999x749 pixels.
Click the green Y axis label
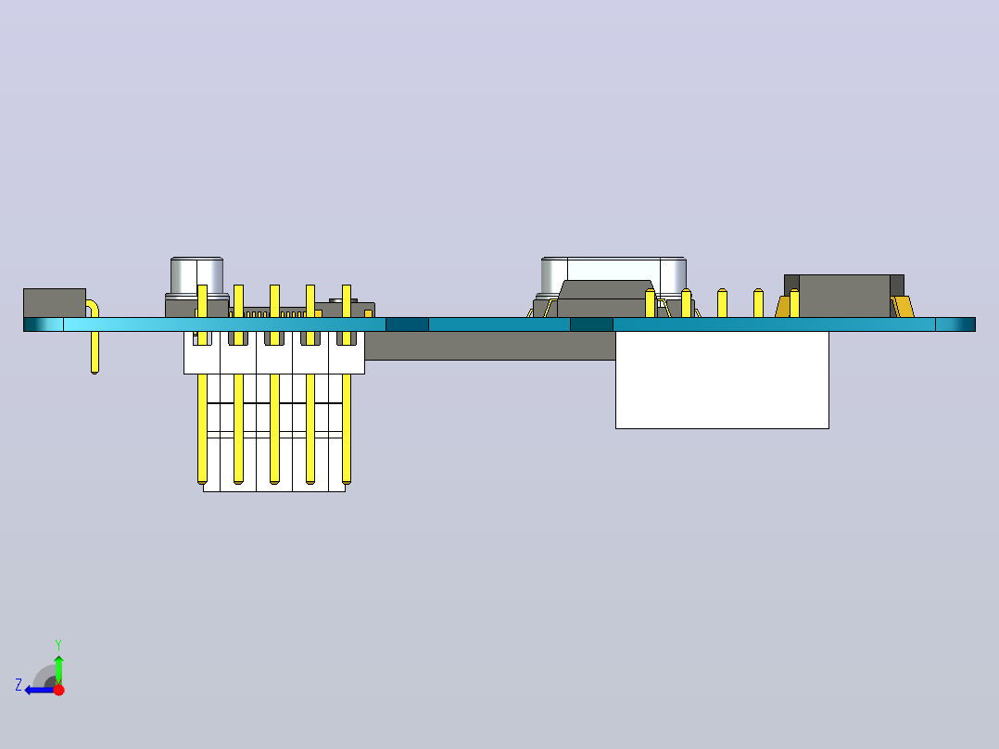tap(58, 644)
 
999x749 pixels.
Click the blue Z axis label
tap(19, 685)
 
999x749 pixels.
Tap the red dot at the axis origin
tap(58, 690)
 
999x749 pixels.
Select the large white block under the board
tap(722, 380)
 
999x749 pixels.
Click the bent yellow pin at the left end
tap(95, 336)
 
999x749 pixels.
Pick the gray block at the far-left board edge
tap(54, 303)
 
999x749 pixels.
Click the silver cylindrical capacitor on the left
tap(196, 275)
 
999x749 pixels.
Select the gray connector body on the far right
tap(844, 296)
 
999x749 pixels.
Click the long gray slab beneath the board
tap(490, 346)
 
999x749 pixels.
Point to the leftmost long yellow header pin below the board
tap(203, 428)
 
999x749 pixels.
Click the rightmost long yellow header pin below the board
tap(347, 428)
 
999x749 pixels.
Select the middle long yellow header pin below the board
tap(274, 428)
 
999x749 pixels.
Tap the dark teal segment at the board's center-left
tap(407, 324)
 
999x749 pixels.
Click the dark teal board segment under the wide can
tap(591, 324)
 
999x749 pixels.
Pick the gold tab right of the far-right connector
tap(904, 307)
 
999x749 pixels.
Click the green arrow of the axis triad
tap(58, 669)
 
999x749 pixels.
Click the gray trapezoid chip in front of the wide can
tap(605, 298)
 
